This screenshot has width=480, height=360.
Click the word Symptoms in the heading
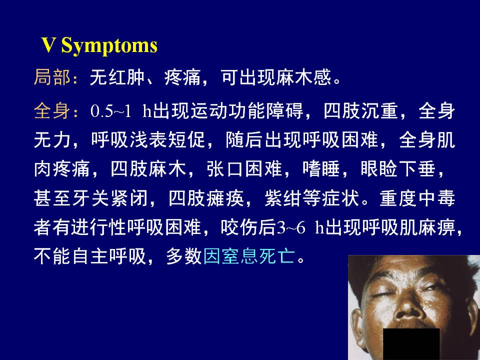109,46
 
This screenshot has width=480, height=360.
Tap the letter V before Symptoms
48,45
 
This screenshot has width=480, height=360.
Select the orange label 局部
52,77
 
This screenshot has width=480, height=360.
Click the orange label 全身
52,111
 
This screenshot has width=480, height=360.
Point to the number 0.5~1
111,111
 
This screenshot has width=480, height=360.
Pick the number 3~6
291,227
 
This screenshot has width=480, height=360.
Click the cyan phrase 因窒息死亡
249,256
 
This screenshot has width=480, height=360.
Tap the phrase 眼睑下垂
398,169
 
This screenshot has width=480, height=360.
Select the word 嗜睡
321,169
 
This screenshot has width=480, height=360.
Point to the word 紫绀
283,198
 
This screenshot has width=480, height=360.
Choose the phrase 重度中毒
417,198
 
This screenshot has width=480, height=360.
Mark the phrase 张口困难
244,169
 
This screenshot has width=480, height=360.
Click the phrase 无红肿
117,77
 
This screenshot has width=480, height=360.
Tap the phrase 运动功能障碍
246,111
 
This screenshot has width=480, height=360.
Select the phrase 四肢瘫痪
206,198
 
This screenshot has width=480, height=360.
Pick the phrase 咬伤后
248,227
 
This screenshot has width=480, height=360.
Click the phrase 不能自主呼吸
89,256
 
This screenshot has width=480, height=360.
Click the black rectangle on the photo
411,344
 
